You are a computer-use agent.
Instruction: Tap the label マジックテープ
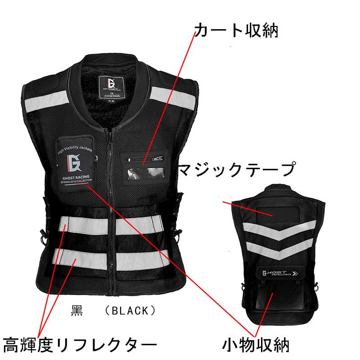click(x=237, y=171)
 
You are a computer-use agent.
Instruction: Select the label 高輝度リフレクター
click(x=80, y=346)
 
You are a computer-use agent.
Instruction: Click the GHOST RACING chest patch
click(x=76, y=163)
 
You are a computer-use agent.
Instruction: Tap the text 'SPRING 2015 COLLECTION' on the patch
click(x=76, y=182)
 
